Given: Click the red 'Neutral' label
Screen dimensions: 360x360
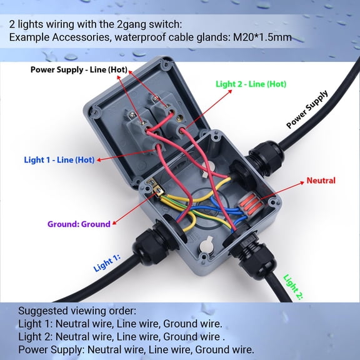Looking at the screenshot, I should (321, 181).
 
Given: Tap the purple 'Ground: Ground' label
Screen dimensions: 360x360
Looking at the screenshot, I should (79, 224).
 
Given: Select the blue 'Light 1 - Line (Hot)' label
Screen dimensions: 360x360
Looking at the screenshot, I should (59, 160).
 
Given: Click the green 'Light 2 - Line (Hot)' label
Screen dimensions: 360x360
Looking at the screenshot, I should (251, 84).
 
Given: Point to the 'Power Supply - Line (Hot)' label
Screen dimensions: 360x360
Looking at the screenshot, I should (83, 69).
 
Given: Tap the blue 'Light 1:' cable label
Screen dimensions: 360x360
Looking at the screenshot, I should (107, 263).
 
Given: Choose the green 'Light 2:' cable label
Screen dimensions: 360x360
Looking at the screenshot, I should (292, 287).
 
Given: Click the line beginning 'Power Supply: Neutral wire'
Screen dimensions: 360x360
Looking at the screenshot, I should (136, 349).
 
